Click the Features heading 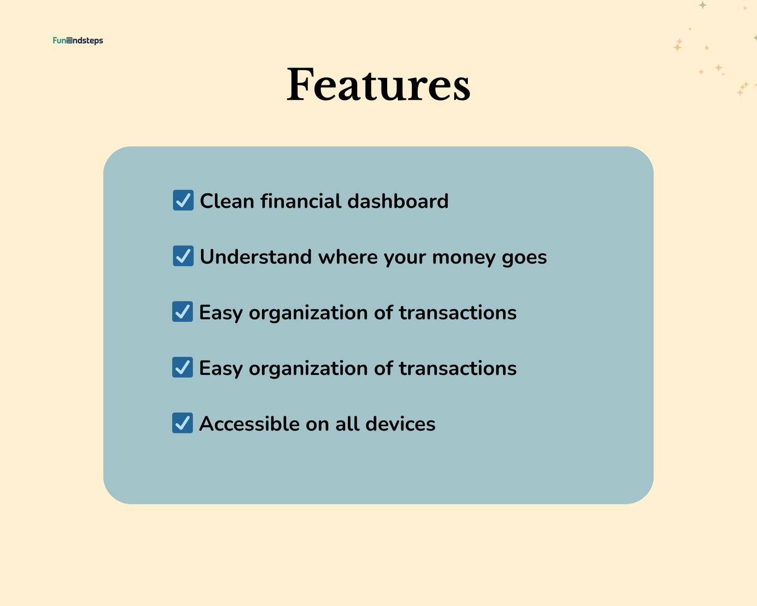click(x=378, y=84)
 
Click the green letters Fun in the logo click(x=59, y=40)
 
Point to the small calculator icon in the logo click(x=69, y=40)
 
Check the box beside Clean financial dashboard click(x=183, y=200)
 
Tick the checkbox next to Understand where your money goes click(x=183, y=256)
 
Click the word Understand click(x=256, y=257)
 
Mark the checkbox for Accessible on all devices click(x=182, y=423)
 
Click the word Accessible click(x=249, y=424)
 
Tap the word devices click(x=400, y=424)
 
